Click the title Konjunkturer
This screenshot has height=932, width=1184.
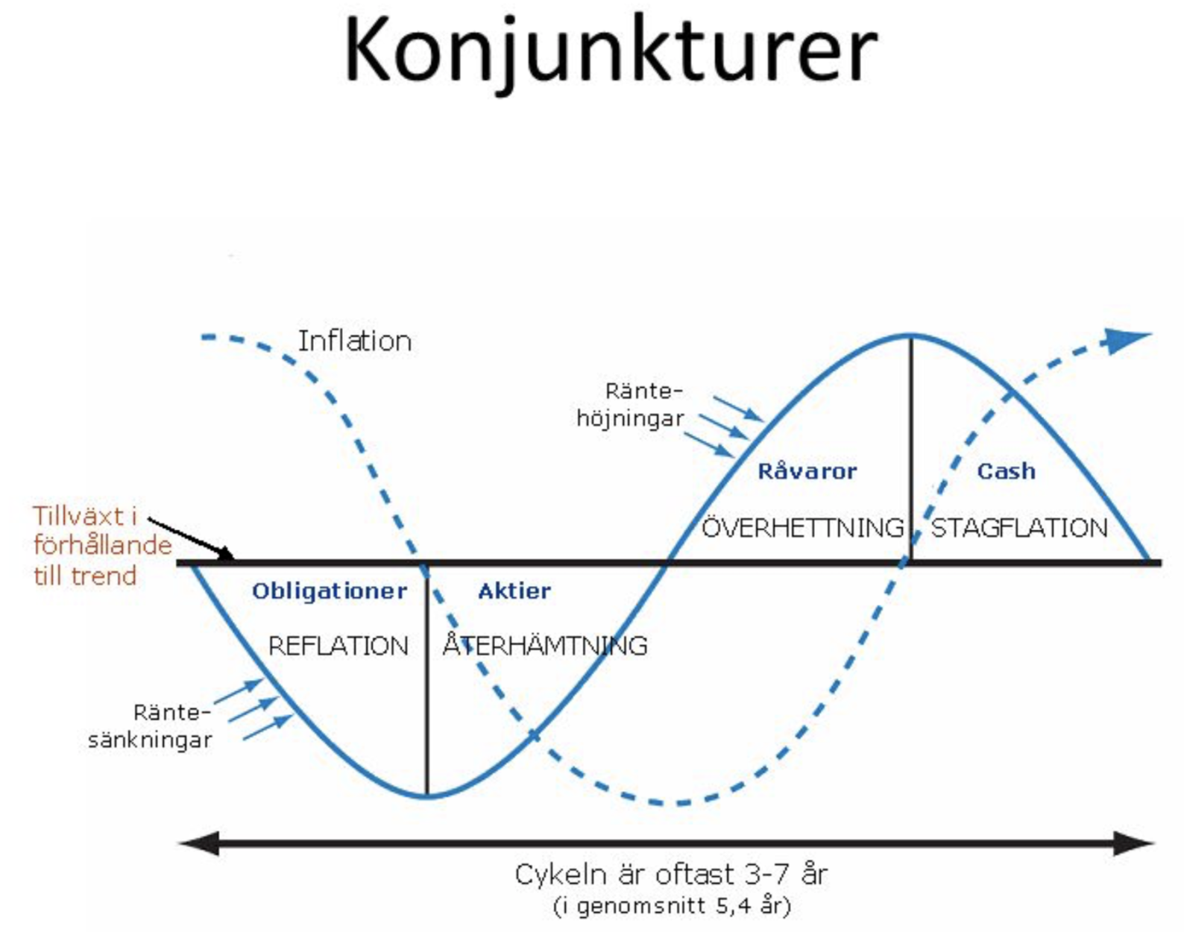pyautogui.click(x=610, y=51)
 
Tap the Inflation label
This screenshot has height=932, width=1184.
pyautogui.click(x=355, y=341)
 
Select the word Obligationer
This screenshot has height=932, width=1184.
pyautogui.click(x=330, y=591)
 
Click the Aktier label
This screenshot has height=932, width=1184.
pyautogui.click(x=514, y=591)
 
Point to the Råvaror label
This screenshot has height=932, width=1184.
pyautogui.click(x=807, y=471)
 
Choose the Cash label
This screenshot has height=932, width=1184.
pyautogui.click(x=1006, y=471)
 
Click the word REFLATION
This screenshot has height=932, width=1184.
pyautogui.click(x=338, y=646)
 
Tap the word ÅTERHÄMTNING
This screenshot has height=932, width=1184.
pyautogui.click(x=544, y=646)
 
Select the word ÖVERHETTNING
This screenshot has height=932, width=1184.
pyautogui.click(x=802, y=528)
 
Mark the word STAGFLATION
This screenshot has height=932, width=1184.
pyautogui.click(x=1019, y=528)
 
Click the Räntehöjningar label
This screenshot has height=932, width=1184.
pyautogui.click(x=631, y=405)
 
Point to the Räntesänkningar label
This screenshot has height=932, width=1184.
pyautogui.click(x=151, y=726)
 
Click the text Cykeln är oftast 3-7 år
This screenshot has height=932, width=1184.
pyautogui.click(x=671, y=874)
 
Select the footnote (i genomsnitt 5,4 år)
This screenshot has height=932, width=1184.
pyautogui.click(x=671, y=906)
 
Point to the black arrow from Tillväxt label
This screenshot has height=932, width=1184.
pyautogui.click(x=191, y=537)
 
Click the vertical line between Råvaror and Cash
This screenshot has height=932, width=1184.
pyautogui.click(x=910, y=447)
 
